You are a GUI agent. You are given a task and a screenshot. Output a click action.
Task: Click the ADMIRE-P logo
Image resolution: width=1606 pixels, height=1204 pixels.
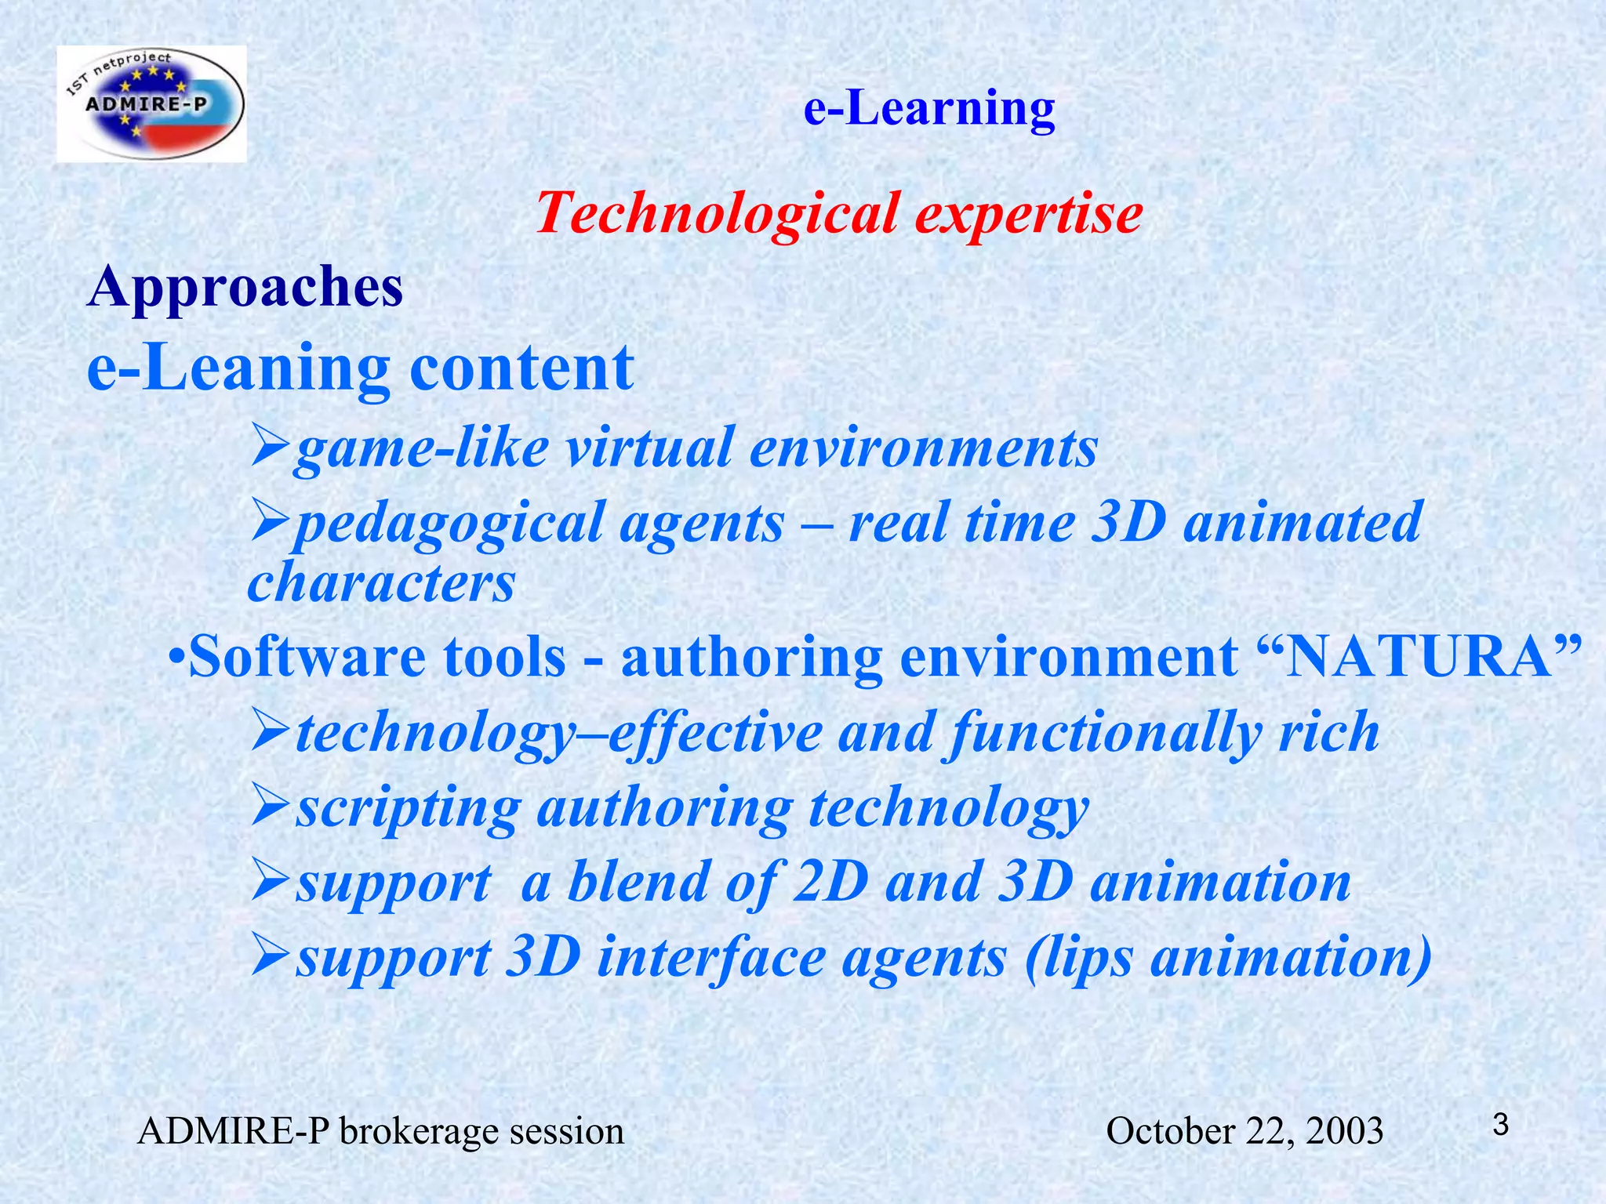(x=152, y=103)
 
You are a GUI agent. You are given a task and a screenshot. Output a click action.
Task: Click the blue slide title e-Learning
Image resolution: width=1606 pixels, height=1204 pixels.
(x=929, y=108)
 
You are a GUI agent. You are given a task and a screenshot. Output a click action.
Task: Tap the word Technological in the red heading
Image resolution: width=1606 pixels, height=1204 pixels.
(x=717, y=213)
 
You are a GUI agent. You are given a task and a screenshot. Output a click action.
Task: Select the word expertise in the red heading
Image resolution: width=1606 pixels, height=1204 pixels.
(x=1028, y=213)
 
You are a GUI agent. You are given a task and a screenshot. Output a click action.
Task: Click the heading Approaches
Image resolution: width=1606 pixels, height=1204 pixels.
(x=245, y=287)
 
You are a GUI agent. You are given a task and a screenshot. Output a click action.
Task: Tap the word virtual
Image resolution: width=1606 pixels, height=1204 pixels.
(x=649, y=448)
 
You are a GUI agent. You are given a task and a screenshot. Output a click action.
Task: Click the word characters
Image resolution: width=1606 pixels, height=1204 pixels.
(x=381, y=582)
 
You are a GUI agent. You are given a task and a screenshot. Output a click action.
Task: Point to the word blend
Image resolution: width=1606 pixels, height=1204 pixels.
(x=639, y=882)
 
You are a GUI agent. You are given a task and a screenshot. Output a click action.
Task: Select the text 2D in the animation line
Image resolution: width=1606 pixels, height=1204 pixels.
(x=830, y=882)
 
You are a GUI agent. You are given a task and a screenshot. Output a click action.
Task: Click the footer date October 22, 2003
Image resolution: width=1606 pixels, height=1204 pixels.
(x=1244, y=1131)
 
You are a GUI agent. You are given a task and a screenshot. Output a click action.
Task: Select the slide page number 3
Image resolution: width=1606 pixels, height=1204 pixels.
(x=1500, y=1126)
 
